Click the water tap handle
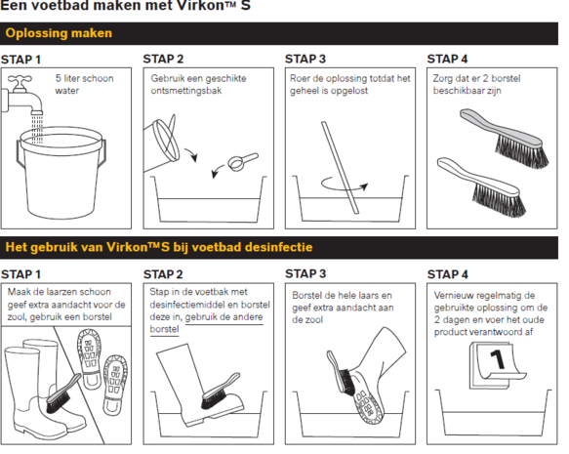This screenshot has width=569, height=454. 20,79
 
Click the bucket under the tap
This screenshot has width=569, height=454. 61,173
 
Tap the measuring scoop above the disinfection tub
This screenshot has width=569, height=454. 242,161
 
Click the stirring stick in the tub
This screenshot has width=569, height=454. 340,167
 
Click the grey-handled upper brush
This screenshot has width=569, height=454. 505,138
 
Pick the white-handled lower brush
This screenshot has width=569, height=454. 482,186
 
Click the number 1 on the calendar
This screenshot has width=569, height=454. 498,359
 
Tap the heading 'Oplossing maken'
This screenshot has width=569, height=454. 59,33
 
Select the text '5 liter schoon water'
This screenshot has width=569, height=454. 84,84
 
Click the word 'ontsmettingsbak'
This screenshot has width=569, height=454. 186,91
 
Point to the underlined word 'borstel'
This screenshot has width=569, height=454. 164,329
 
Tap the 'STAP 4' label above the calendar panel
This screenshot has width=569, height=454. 447,274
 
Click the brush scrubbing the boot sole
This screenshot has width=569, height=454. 342,373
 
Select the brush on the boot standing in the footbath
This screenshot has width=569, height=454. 221,391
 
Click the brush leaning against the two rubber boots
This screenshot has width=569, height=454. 62,393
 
